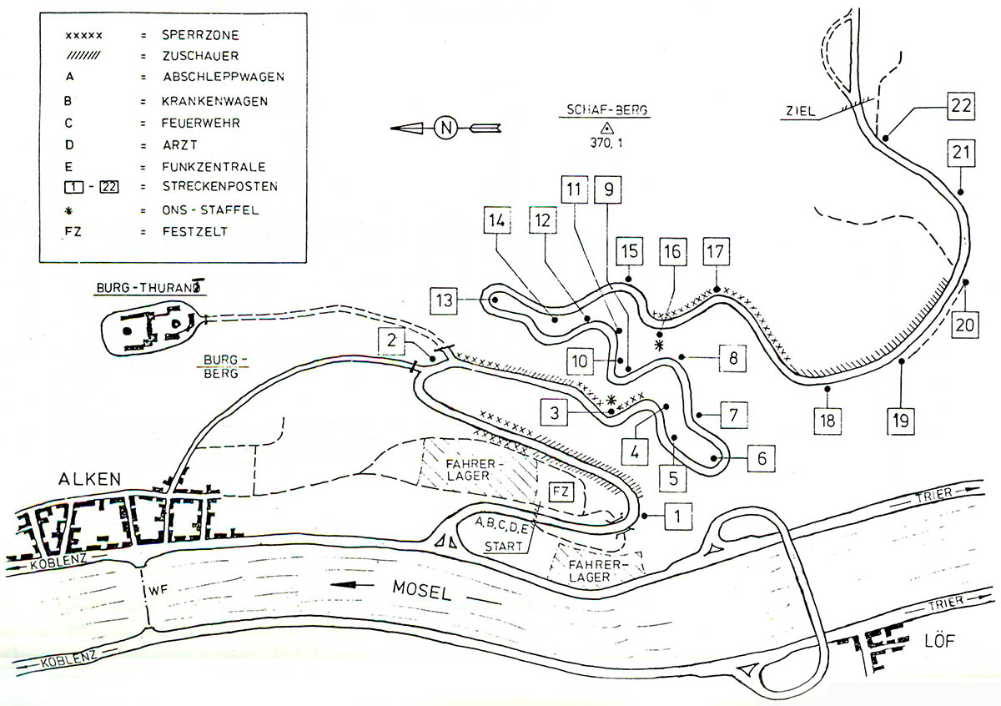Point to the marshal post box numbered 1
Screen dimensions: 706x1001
(679, 517)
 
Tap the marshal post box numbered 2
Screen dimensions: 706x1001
(390, 339)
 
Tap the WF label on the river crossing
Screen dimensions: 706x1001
(158, 591)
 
